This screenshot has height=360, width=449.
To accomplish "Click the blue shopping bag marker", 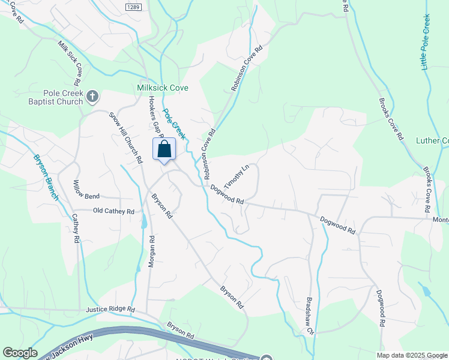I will (164, 150).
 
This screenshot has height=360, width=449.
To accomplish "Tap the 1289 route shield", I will (134, 7).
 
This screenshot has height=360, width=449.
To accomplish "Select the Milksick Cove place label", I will (163, 88).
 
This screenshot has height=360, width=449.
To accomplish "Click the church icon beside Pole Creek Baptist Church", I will (92, 95).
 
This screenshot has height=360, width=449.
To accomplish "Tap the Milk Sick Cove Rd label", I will (70, 63).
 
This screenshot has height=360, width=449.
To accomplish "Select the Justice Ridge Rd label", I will (111, 310).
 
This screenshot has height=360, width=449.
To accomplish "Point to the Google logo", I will (20, 353).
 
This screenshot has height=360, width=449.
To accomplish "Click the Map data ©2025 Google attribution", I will (412, 355).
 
